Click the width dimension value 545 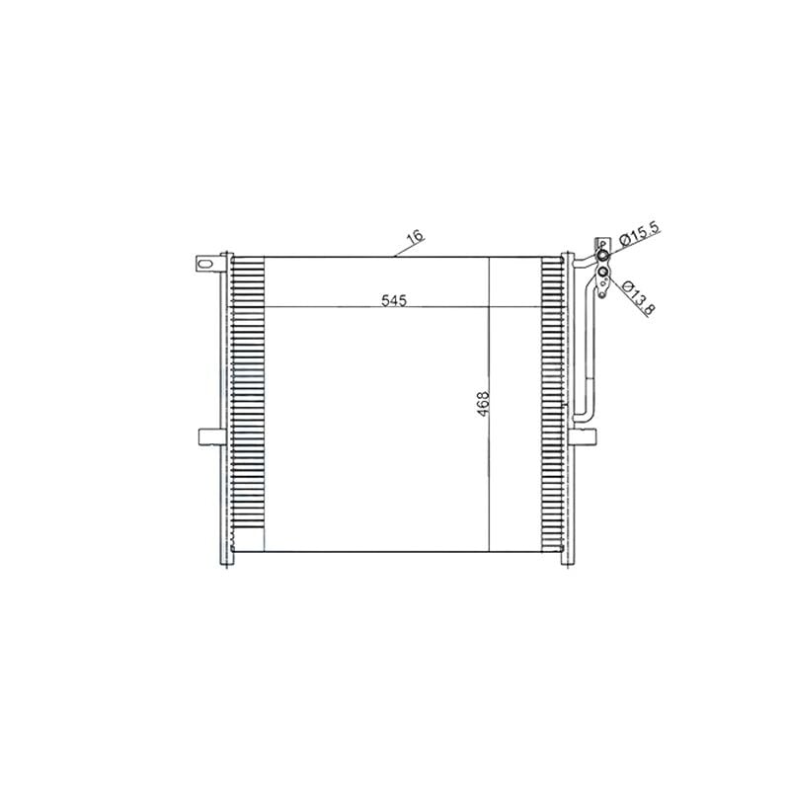point(393,301)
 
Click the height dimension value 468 point(483,404)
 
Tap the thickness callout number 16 point(416,237)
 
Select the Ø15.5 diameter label point(639,233)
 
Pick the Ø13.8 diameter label point(638,298)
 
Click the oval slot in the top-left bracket point(205,264)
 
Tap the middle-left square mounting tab point(211,436)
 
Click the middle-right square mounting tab point(584,436)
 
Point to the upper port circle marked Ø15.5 point(602,257)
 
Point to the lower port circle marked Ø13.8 point(602,274)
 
